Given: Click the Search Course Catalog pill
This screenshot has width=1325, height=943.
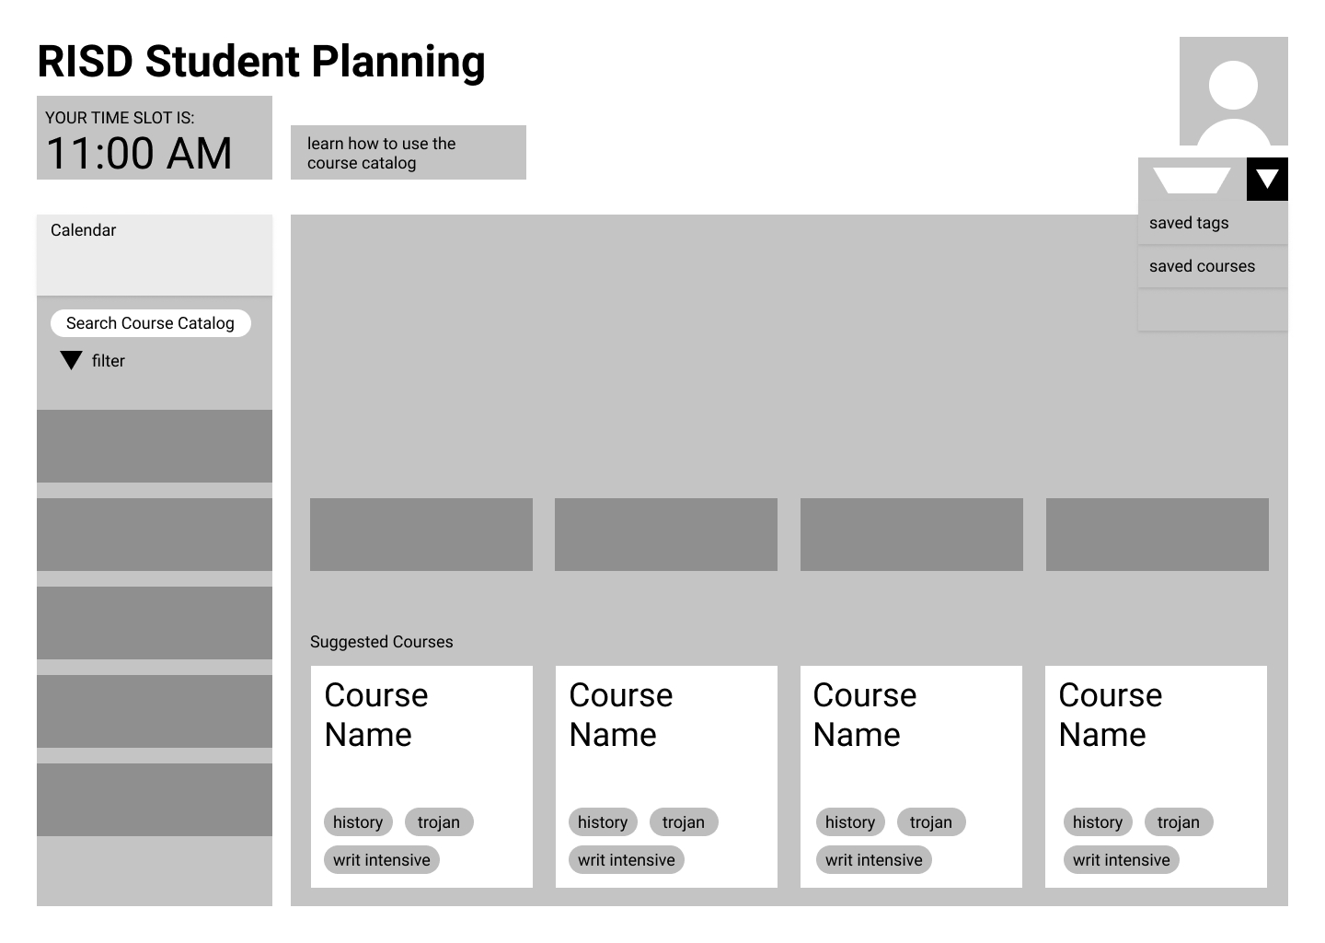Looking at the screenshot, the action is [150, 323].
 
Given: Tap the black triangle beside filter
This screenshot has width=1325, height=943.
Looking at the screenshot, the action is [71, 360].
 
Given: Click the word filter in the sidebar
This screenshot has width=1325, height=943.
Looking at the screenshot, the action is [109, 361].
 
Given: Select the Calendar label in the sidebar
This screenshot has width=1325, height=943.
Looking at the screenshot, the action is [84, 230].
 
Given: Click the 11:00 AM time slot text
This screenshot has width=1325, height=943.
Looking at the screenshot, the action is [139, 153].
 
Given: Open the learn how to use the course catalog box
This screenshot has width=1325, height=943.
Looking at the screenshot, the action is [408, 153].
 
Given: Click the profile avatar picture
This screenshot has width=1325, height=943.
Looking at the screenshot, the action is [1233, 91].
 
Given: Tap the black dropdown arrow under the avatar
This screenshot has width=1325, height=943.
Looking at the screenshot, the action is [1267, 179].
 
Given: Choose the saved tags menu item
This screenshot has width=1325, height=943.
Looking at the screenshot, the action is [1189, 223].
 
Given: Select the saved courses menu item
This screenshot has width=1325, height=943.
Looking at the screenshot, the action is [1202, 266].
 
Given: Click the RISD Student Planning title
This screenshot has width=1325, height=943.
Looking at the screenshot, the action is [261, 62].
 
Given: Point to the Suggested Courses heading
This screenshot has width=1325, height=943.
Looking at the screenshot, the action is [381, 642].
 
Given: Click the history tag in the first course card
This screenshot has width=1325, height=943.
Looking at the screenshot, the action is [358, 822].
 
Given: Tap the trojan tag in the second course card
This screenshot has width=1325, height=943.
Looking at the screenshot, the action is [684, 822].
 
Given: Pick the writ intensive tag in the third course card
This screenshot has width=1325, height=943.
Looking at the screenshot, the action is [874, 860].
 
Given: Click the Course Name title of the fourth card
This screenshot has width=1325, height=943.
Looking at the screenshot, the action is [1110, 715].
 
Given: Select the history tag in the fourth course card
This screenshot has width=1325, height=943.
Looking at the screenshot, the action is [1098, 822].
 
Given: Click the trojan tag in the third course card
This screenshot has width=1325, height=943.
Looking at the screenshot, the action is [931, 822].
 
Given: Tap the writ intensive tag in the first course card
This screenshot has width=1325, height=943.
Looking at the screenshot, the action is [382, 860].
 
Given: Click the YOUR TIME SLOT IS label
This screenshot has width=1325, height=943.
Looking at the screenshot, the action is [120, 118].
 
